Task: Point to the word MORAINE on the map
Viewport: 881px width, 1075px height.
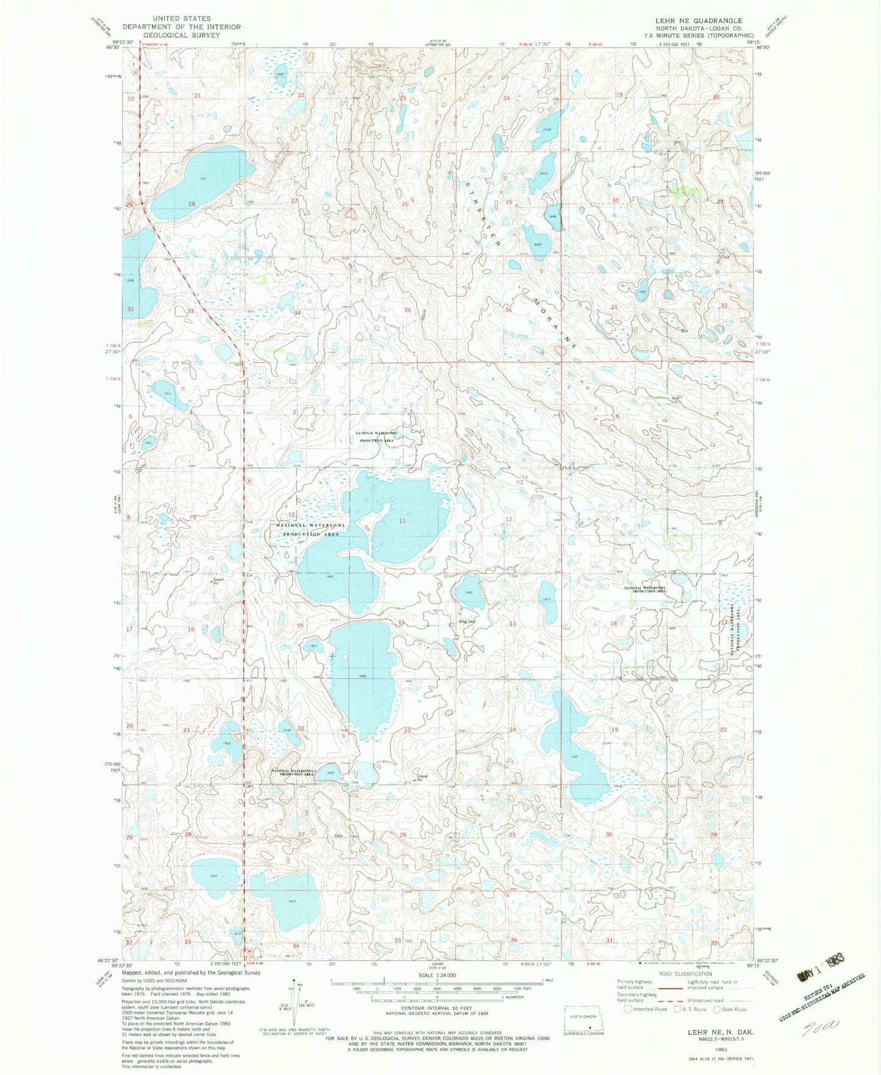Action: pyautogui.click(x=554, y=323)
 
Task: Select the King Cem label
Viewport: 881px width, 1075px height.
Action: pyautogui.click(x=466, y=622)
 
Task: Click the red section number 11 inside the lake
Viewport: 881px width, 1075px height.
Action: pyautogui.click(x=402, y=521)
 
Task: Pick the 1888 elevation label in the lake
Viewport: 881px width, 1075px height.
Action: pyautogui.click(x=364, y=676)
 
